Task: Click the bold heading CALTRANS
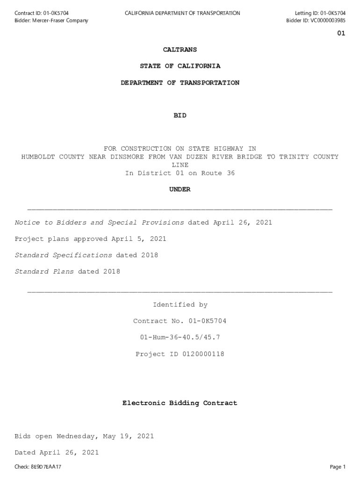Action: (x=180, y=50)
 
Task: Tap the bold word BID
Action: (x=180, y=116)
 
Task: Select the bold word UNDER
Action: (x=180, y=189)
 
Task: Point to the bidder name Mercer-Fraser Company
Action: (x=60, y=21)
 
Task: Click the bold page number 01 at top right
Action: (x=341, y=34)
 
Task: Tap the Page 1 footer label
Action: (x=338, y=467)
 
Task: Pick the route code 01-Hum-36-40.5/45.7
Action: (x=180, y=337)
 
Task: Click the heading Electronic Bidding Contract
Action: (x=180, y=403)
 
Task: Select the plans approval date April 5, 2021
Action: (x=138, y=239)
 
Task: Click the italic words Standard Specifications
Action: (x=63, y=255)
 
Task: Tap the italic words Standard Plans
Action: (x=44, y=272)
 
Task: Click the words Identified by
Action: (x=180, y=305)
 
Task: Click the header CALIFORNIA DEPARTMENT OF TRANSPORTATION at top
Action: (x=182, y=13)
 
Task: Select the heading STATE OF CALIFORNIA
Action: (x=180, y=66)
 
